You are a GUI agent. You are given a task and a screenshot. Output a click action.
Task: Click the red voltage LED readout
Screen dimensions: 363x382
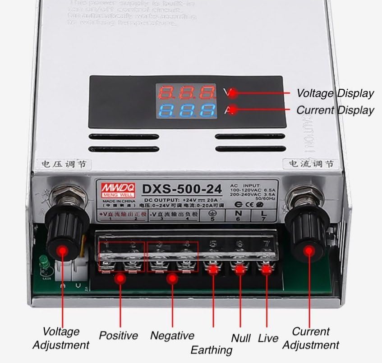pos(185,93)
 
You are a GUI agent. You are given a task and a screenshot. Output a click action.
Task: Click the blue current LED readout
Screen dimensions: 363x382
pos(185,110)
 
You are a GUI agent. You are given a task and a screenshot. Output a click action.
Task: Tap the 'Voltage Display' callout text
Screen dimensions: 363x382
pos(335,93)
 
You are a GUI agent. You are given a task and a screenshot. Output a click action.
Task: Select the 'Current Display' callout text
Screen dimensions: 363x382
pos(335,110)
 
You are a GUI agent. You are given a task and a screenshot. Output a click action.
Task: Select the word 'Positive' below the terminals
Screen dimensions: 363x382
pos(118,335)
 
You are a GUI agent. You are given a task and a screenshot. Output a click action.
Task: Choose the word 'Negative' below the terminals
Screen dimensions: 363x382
pos(172,335)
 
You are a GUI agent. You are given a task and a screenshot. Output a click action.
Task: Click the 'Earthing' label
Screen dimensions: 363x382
pos(211,350)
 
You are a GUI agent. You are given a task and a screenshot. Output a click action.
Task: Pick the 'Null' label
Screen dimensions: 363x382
pos(241,338)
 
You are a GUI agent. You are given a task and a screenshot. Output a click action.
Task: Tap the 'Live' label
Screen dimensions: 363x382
pos(268,338)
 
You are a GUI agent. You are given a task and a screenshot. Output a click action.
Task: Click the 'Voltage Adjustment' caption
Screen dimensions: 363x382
pos(61,339)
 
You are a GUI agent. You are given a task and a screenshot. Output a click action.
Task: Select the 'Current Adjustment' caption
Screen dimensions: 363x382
pos(311,339)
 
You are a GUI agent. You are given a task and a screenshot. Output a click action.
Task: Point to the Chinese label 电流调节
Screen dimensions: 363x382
pos(307,164)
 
